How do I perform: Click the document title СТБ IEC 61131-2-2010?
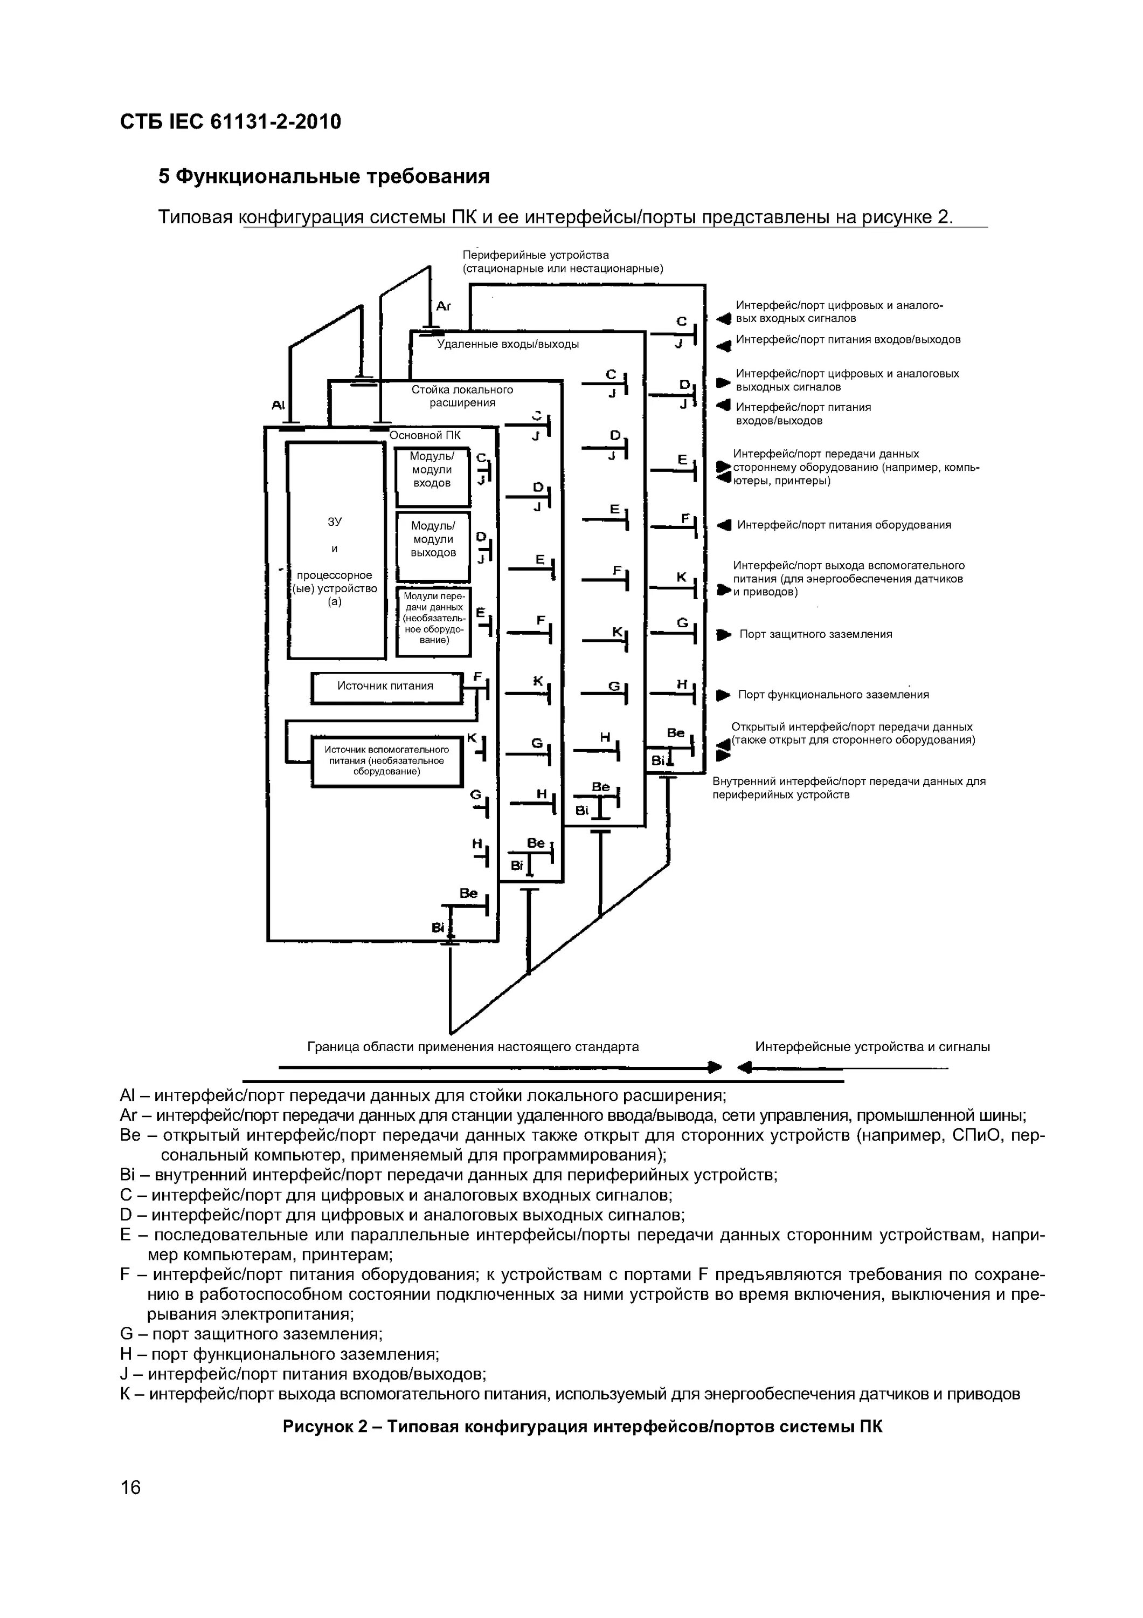click(230, 122)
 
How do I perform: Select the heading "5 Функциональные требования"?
click(323, 176)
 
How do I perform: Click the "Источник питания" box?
click(385, 687)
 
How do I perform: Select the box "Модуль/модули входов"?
click(432, 476)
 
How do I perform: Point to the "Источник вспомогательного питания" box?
click(386, 761)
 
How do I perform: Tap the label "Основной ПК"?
click(425, 435)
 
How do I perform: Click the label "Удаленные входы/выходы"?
click(508, 344)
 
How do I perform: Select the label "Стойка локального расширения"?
click(462, 396)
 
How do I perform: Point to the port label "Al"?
click(278, 405)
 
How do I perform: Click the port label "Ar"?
click(443, 306)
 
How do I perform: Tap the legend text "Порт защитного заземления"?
click(815, 634)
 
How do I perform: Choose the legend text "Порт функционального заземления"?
click(833, 695)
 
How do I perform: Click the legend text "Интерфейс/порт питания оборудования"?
click(844, 525)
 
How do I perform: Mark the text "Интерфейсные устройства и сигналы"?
click(872, 1047)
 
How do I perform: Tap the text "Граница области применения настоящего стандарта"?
click(473, 1047)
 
